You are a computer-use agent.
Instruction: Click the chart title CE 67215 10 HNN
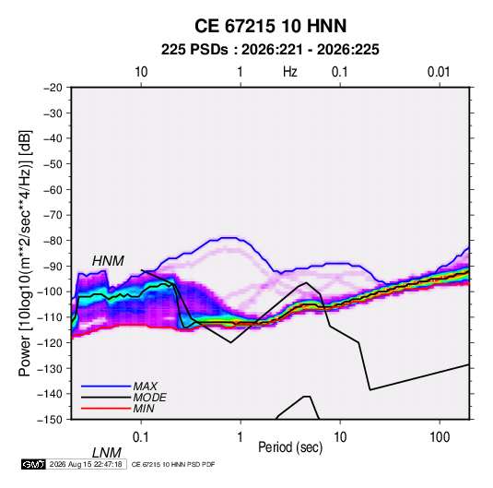(x=270, y=26)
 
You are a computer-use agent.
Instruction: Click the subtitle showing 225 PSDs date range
(x=270, y=50)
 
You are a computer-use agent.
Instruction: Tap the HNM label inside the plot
(x=108, y=261)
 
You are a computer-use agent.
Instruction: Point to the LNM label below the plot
(x=107, y=453)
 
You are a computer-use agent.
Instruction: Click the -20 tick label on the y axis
(x=53, y=88)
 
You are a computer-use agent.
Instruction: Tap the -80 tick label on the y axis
(x=53, y=241)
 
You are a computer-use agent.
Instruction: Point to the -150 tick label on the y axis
(x=50, y=420)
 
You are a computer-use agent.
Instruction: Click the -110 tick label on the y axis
(x=50, y=317)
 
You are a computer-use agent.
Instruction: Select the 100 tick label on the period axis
(x=440, y=437)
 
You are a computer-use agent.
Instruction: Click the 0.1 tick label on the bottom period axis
(x=141, y=437)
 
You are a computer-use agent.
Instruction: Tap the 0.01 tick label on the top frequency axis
(x=439, y=72)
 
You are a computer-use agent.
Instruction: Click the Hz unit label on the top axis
(x=290, y=72)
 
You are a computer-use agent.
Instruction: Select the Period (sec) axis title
(x=290, y=447)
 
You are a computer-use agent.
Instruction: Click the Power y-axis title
(x=26, y=253)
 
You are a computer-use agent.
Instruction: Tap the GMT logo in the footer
(x=34, y=464)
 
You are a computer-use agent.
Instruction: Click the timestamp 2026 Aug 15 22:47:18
(x=86, y=464)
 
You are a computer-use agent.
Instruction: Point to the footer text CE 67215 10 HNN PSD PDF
(x=173, y=464)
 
